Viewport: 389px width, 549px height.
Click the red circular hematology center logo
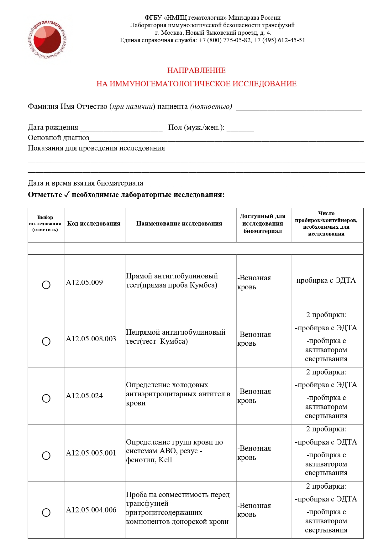coord(47,39)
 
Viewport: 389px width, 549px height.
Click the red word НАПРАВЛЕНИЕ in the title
coord(196,70)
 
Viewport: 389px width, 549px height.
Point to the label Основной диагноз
coord(58,138)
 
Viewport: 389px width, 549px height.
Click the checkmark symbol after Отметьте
coord(66,195)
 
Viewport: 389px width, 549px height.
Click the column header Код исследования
coord(94,224)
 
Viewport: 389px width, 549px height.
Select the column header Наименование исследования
coord(179,224)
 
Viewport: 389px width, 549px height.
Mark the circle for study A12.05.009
coord(46,285)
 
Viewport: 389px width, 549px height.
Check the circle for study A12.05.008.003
coord(46,341)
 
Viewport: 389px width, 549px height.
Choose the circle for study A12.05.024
coord(46,398)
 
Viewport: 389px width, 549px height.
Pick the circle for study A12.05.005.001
coord(46,455)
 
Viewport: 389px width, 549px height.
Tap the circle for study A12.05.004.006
coord(46,512)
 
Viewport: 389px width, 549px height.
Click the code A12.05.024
coord(84,396)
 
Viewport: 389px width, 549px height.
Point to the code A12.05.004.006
coord(91,510)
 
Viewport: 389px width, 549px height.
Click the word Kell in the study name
coord(165,460)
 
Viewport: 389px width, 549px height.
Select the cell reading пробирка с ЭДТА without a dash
coord(326,281)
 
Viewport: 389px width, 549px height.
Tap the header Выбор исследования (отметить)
coord(45,223)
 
